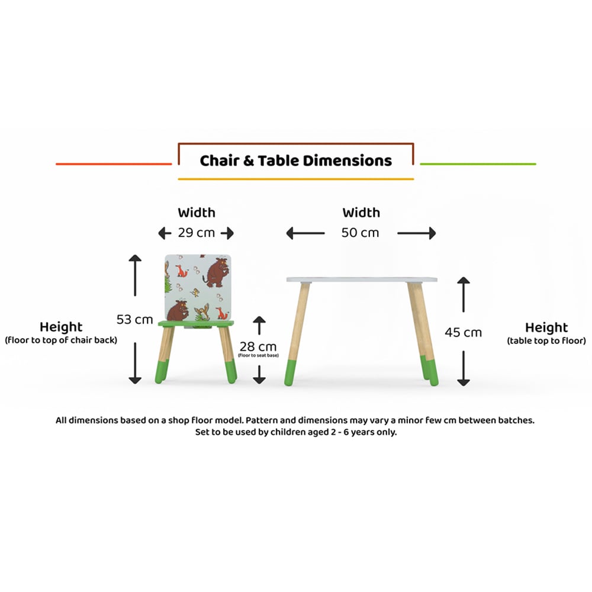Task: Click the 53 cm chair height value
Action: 134,320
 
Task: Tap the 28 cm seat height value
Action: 258,346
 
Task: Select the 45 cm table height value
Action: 464,332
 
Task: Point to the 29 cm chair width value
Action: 197,233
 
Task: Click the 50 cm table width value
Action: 360,233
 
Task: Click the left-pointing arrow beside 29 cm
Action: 165,233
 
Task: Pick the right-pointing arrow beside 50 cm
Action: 417,233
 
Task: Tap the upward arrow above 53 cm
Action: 135,275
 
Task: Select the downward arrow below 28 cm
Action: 259,375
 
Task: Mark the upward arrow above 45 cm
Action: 464,294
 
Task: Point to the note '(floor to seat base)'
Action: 258,355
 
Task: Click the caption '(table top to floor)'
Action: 546,341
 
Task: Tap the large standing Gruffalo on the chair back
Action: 216,272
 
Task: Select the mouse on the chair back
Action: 195,292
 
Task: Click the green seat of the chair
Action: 195,324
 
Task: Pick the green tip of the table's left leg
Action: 290,373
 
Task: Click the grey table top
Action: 362,280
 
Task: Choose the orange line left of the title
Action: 114,164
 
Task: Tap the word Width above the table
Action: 361,213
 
